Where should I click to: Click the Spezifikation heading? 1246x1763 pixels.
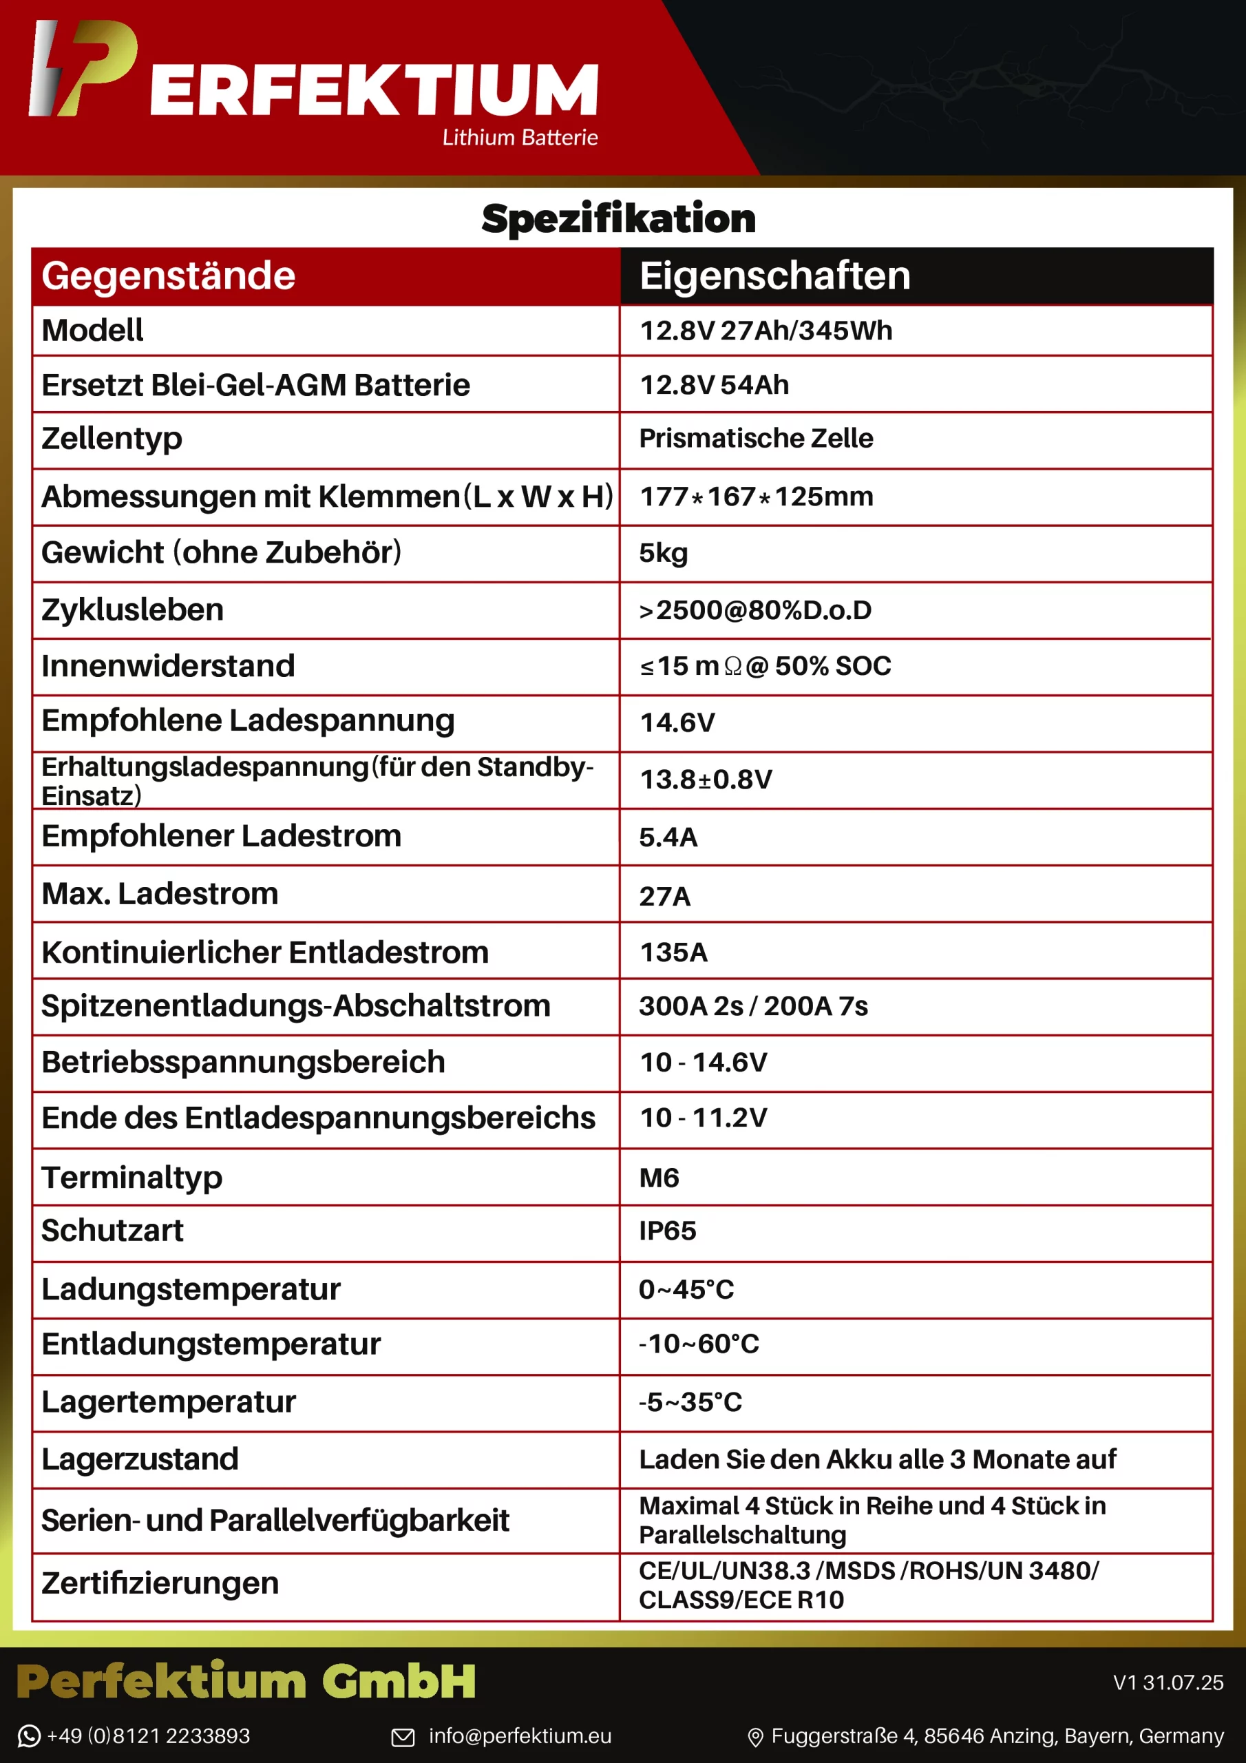click(x=618, y=219)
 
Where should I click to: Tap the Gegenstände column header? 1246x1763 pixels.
click(x=168, y=275)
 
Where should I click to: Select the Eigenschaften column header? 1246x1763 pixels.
click(x=774, y=275)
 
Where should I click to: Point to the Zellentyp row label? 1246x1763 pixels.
click(x=112, y=439)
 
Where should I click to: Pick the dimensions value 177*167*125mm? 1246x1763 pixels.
click(x=756, y=497)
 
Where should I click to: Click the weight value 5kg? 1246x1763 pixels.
click(x=664, y=553)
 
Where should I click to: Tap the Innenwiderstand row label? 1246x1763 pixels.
click(x=167, y=666)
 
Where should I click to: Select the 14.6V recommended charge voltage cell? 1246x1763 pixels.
click(x=677, y=722)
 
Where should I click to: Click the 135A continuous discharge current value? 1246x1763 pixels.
click(x=673, y=952)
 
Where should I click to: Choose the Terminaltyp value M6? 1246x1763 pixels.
click(x=659, y=1178)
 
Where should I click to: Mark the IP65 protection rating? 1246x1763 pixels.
click(x=667, y=1231)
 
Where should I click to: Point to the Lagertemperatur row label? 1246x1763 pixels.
click(x=168, y=1402)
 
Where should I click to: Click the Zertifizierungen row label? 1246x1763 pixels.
click(x=160, y=1583)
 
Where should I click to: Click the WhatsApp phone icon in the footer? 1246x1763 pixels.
click(x=28, y=1736)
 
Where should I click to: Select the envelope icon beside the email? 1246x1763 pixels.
click(x=403, y=1737)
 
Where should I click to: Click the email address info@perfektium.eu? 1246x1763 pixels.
click(x=520, y=1736)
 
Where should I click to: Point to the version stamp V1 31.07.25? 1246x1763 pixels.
click(x=1168, y=1682)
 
